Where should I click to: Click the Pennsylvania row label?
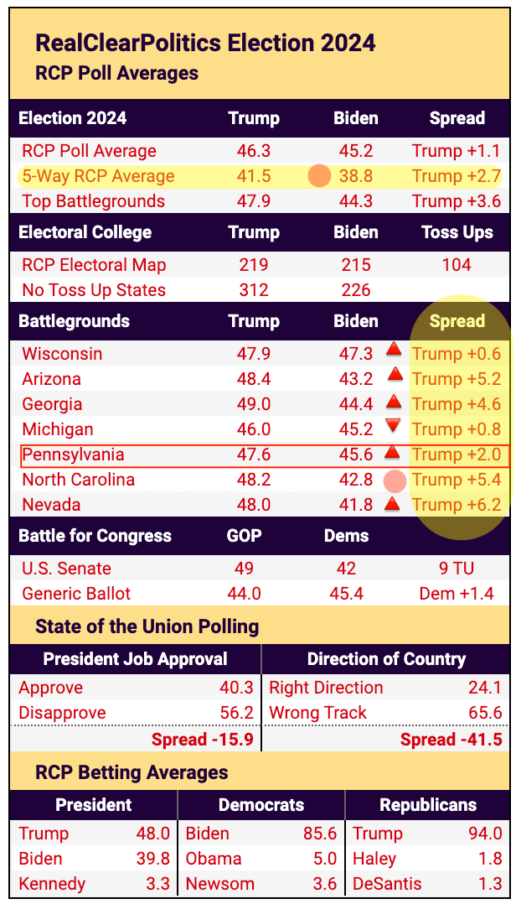click(x=73, y=455)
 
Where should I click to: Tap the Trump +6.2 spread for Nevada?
click(x=457, y=505)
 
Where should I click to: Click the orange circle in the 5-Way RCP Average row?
click(x=320, y=176)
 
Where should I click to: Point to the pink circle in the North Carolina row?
click(x=394, y=481)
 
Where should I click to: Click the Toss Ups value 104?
click(x=457, y=265)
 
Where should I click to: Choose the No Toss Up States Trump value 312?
click(x=254, y=290)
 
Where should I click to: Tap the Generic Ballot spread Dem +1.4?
click(x=457, y=594)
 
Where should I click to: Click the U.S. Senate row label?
click(x=66, y=569)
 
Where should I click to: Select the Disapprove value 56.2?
click(x=236, y=713)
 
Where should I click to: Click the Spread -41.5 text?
click(x=451, y=739)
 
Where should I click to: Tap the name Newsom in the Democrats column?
click(x=220, y=884)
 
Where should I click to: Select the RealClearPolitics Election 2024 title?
click(x=205, y=43)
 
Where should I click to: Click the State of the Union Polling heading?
click(x=147, y=626)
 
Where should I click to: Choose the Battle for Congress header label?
click(x=95, y=536)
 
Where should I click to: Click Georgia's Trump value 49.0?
click(x=254, y=404)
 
